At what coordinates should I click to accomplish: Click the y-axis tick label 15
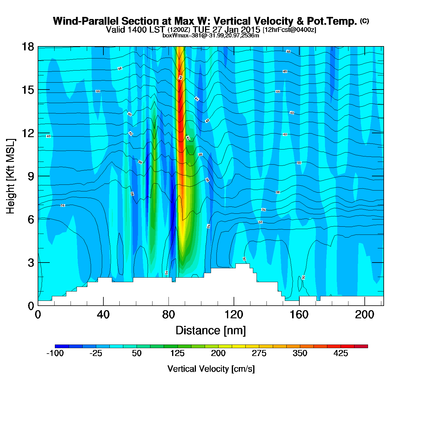28,90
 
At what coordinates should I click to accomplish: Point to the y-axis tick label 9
31,176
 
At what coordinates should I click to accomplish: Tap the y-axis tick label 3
31,263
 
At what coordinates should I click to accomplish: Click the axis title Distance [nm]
211,331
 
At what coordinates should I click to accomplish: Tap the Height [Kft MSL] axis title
11,176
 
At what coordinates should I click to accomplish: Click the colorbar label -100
55,353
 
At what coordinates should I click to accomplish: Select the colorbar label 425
341,353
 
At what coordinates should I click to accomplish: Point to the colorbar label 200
218,353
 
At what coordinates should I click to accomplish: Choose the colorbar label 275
259,353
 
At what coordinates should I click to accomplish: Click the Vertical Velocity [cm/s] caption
211,369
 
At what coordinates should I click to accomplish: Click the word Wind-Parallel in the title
86,21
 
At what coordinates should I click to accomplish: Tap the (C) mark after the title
364,21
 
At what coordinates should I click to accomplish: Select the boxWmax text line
211,36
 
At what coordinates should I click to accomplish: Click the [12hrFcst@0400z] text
289,30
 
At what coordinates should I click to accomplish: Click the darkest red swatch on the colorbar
361,346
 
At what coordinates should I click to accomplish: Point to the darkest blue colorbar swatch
62,346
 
